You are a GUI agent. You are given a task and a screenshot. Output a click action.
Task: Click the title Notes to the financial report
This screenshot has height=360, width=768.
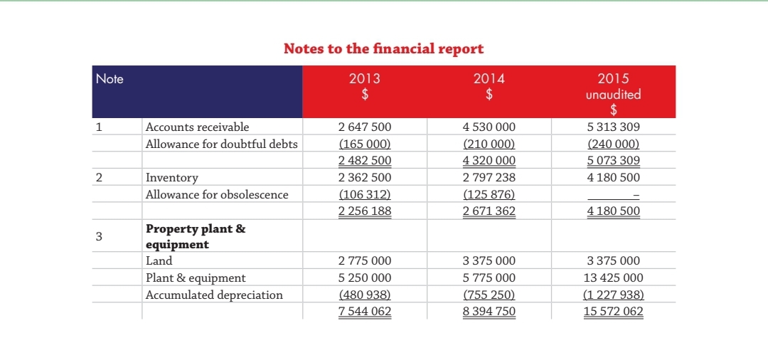pos(383,48)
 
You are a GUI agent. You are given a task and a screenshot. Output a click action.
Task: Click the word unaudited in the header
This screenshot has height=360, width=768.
pos(613,94)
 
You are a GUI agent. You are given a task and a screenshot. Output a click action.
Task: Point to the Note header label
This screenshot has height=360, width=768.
pos(110,79)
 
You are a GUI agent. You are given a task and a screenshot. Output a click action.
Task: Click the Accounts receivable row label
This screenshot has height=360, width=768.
pos(197,127)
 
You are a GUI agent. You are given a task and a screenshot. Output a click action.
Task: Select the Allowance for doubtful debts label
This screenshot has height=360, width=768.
pos(221,144)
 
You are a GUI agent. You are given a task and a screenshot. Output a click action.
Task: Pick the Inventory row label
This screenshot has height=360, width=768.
pos(171,177)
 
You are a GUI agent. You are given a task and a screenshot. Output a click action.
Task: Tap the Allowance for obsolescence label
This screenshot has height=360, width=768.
pos(217,194)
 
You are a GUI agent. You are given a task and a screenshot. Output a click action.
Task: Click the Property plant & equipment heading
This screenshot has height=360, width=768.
pos(196,236)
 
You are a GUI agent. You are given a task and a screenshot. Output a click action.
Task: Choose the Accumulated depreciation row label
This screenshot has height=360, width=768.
pos(214,295)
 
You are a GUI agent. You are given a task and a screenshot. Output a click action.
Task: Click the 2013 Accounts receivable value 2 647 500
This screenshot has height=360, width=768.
pos(365,127)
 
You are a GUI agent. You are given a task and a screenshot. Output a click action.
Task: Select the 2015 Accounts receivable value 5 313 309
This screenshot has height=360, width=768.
pos(613,127)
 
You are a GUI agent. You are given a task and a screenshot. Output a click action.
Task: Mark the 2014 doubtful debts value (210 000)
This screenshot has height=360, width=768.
pos(489,144)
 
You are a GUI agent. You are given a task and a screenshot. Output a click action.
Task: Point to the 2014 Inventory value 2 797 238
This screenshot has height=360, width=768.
pos(489,177)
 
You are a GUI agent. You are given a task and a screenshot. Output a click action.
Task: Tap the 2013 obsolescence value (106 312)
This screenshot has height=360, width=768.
pos(365,194)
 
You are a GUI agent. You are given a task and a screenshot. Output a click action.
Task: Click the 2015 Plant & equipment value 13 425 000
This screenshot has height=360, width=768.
pos(613,277)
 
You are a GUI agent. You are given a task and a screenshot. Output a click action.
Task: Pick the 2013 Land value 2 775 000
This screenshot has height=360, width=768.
pos(365,261)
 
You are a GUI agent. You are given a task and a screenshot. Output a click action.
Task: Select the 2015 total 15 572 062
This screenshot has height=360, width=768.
pos(613,311)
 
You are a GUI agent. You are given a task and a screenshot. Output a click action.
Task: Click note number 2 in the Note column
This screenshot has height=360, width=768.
pos(100,177)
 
